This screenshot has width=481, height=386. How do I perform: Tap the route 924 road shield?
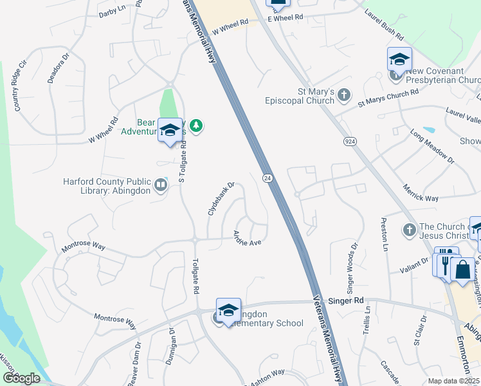click(350, 143)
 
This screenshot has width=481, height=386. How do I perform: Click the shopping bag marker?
click(462, 269)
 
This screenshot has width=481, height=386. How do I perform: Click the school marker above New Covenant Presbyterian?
click(399, 60)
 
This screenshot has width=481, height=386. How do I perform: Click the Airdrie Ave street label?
click(247, 238)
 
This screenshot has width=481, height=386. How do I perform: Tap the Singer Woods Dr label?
click(352, 265)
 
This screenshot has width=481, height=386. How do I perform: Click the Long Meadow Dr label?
click(432, 146)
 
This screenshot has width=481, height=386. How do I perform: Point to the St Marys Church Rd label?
click(388, 97)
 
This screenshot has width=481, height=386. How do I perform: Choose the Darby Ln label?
click(112, 12)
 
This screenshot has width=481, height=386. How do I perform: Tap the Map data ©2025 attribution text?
click(453, 381)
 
